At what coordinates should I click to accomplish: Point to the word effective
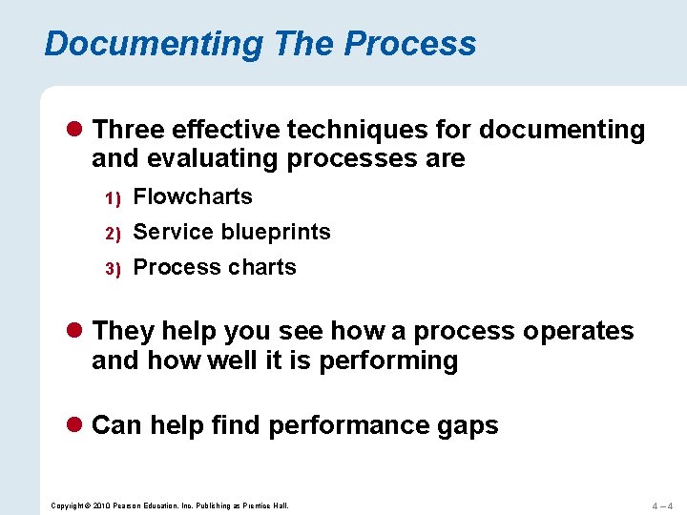(232, 130)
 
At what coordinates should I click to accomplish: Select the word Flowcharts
(193, 197)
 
